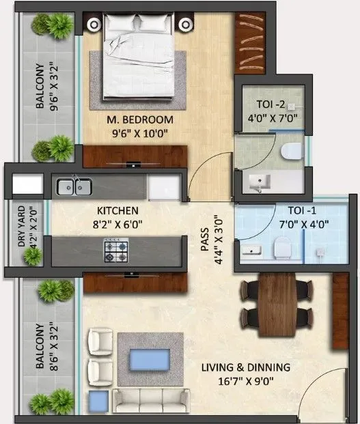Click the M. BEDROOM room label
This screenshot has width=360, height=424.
(x=140, y=119)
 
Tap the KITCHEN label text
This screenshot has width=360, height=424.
(x=117, y=210)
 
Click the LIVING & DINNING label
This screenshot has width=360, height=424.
(x=245, y=367)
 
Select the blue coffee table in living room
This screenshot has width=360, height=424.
(x=150, y=358)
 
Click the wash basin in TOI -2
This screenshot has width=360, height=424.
(x=260, y=182)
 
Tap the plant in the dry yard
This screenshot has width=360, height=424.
(x=31, y=256)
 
